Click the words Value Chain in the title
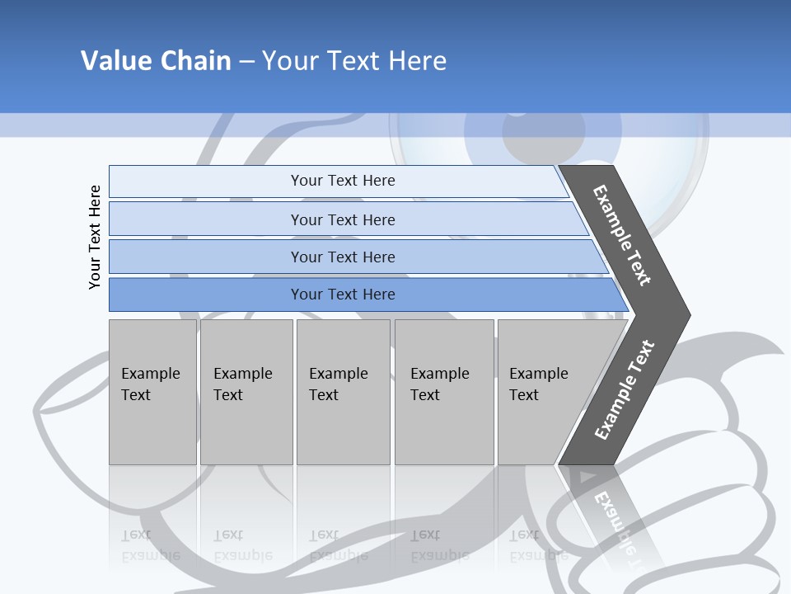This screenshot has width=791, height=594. (156, 61)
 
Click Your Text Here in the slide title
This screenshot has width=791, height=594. (354, 61)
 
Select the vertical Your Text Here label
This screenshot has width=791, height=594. (95, 237)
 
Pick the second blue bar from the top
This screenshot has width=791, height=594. (342, 219)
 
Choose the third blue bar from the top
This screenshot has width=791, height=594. (342, 257)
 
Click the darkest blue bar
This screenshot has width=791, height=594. (342, 295)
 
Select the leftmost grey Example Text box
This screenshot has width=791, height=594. (152, 392)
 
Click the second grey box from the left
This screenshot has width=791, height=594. (246, 392)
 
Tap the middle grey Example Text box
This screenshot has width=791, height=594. (343, 392)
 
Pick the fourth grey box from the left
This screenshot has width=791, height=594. (444, 392)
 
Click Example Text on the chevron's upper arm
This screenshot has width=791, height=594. (622, 235)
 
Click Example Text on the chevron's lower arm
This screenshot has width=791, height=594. (625, 390)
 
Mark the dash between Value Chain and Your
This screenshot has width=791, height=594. (246, 62)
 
